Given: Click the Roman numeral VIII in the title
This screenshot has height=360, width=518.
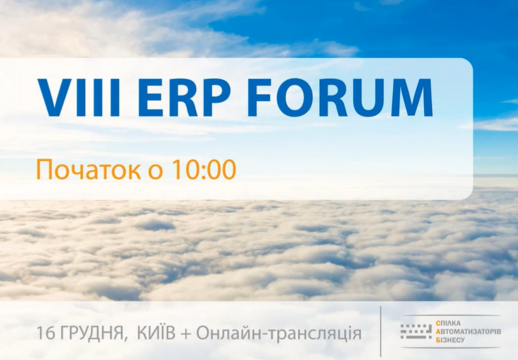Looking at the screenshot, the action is point(79,98).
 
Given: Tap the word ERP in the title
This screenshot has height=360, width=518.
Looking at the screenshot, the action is point(184,98).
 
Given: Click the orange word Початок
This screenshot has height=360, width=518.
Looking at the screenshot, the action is point(88,170).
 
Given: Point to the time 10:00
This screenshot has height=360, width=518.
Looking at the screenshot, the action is point(203,169).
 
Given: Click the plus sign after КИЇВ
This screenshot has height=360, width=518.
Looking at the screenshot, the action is point(186,334).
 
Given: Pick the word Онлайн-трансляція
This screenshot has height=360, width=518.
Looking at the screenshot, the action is point(279,334).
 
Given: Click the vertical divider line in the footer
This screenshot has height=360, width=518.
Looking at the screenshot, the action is point(381,331).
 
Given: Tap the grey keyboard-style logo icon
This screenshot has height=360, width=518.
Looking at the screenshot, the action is point(416,331).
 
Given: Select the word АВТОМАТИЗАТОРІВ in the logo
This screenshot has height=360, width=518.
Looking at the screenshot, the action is point(468,331).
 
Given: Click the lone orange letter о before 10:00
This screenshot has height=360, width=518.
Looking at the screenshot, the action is point(155,172).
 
